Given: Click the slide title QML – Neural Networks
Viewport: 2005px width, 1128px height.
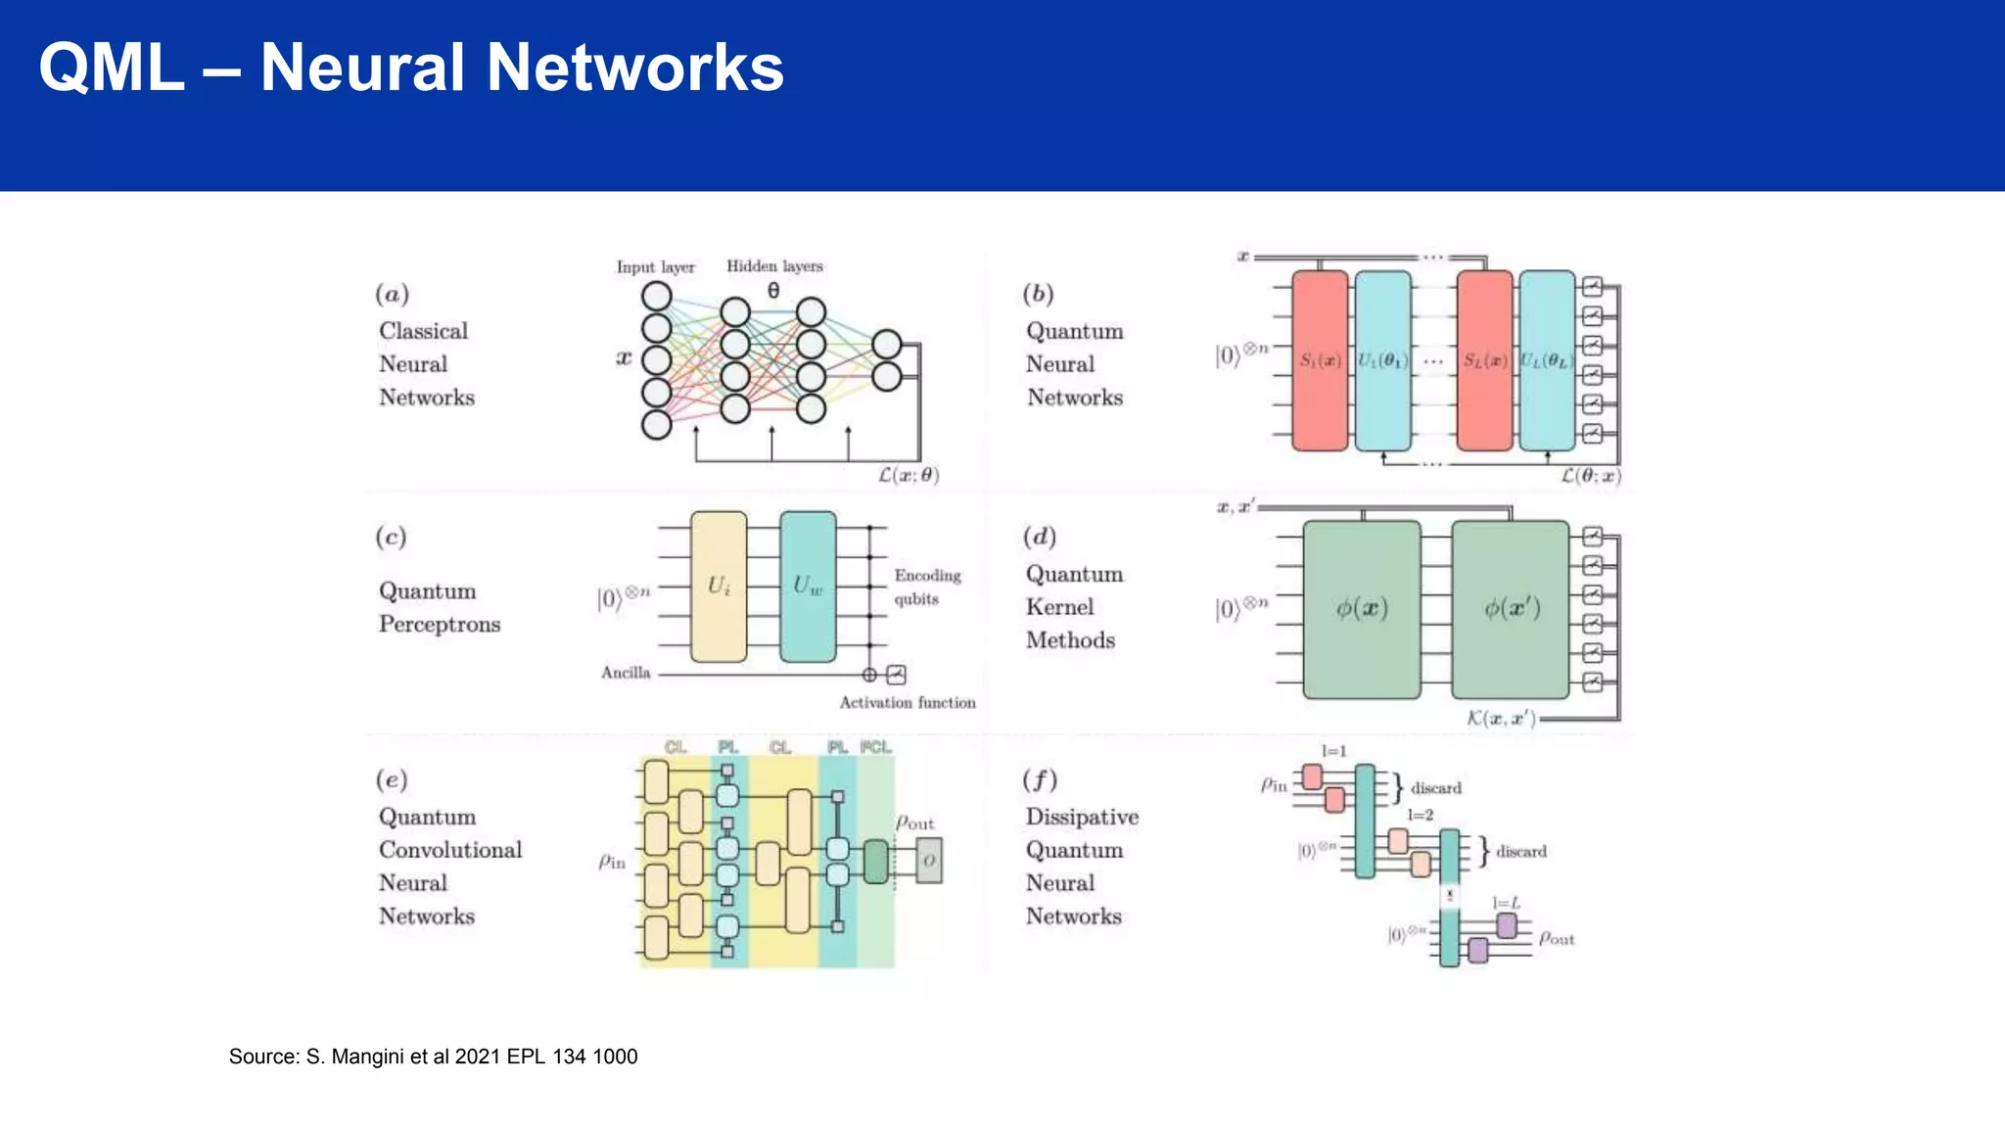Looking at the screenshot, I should click(411, 68).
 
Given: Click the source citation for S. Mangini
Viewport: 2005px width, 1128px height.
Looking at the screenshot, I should click(433, 1057).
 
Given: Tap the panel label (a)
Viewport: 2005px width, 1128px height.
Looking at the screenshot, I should click(392, 294).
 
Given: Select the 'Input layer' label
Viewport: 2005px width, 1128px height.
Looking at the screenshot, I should click(655, 267).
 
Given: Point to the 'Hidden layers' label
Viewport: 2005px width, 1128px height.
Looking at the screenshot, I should click(774, 266).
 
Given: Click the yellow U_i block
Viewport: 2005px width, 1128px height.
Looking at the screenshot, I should click(719, 587).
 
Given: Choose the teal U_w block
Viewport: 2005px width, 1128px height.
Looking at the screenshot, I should click(808, 587).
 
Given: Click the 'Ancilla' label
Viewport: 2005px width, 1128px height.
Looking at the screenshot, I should click(626, 673).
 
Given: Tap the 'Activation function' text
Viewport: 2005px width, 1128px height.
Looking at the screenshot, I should click(907, 703).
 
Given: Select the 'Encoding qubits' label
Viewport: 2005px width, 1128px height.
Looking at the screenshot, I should click(926, 587).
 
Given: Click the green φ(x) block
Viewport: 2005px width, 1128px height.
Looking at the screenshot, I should click(1361, 609).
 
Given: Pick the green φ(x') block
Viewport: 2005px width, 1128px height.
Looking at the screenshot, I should click(1511, 609).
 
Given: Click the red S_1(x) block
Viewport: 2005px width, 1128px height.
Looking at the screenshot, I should click(1320, 360).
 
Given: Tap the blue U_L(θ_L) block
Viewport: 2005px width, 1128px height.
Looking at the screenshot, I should click(1547, 360).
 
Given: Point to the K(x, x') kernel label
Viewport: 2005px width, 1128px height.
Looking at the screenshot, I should click(1501, 719).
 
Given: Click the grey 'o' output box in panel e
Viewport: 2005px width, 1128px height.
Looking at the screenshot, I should click(928, 861).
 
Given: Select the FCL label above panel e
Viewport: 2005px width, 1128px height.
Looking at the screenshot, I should click(875, 747).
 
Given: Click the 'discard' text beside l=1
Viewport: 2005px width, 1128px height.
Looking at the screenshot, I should click(1435, 788).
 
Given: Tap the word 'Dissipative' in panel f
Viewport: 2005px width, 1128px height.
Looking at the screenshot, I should click(1082, 817).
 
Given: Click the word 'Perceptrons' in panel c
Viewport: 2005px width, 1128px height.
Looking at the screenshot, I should click(440, 625).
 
